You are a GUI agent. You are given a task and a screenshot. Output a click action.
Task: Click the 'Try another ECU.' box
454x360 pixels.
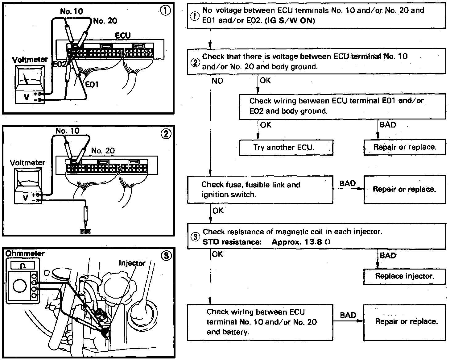286,147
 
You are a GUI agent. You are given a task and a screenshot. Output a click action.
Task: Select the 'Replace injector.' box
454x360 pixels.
404,276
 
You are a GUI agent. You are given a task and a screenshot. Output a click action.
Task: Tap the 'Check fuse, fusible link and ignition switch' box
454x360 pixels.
260,190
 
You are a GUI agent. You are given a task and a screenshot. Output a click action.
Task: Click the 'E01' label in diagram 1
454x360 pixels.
92,84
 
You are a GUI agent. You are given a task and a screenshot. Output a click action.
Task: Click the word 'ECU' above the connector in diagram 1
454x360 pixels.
123,36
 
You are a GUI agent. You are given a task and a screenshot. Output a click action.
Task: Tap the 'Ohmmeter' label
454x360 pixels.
25,253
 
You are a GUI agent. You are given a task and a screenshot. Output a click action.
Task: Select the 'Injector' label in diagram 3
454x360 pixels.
132,263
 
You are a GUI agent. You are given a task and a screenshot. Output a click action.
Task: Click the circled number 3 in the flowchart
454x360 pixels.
195,237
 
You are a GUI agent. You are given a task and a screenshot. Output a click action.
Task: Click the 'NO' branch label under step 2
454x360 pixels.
217,81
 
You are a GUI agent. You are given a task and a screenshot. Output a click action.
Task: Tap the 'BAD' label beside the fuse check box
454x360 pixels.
347,183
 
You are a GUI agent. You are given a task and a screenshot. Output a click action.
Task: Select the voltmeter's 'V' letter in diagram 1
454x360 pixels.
27,97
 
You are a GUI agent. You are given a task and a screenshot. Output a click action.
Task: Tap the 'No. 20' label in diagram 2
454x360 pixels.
103,151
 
